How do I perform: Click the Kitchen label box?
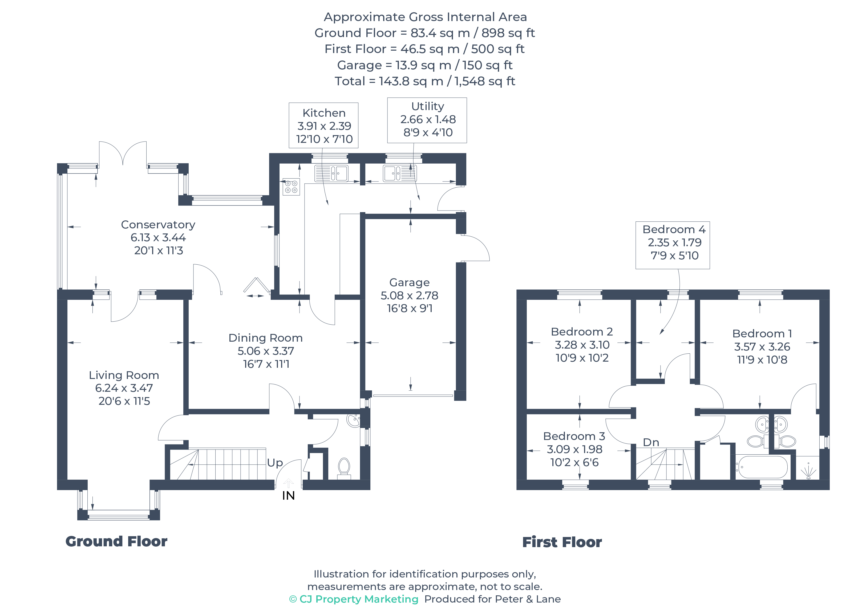pyautogui.click(x=323, y=126)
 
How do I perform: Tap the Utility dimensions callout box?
pyautogui.click(x=427, y=120)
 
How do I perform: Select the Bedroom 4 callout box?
pyautogui.click(x=672, y=245)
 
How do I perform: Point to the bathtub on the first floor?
pyautogui.click(x=761, y=467)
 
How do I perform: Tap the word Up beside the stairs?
pyautogui.click(x=275, y=463)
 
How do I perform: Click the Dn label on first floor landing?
pyautogui.click(x=651, y=442)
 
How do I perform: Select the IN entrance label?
pyautogui.click(x=288, y=496)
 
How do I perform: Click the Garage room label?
pyautogui.click(x=409, y=282)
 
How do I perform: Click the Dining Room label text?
pyautogui.click(x=265, y=338)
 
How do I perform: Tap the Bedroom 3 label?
pyautogui.click(x=574, y=436)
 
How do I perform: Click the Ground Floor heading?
pyautogui.click(x=116, y=541)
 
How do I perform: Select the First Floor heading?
pyautogui.click(x=562, y=542)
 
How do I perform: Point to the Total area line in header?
pyautogui.click(x=425, y=81)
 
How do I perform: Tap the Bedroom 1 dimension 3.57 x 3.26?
pyautogui.click(x=762, y=346)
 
